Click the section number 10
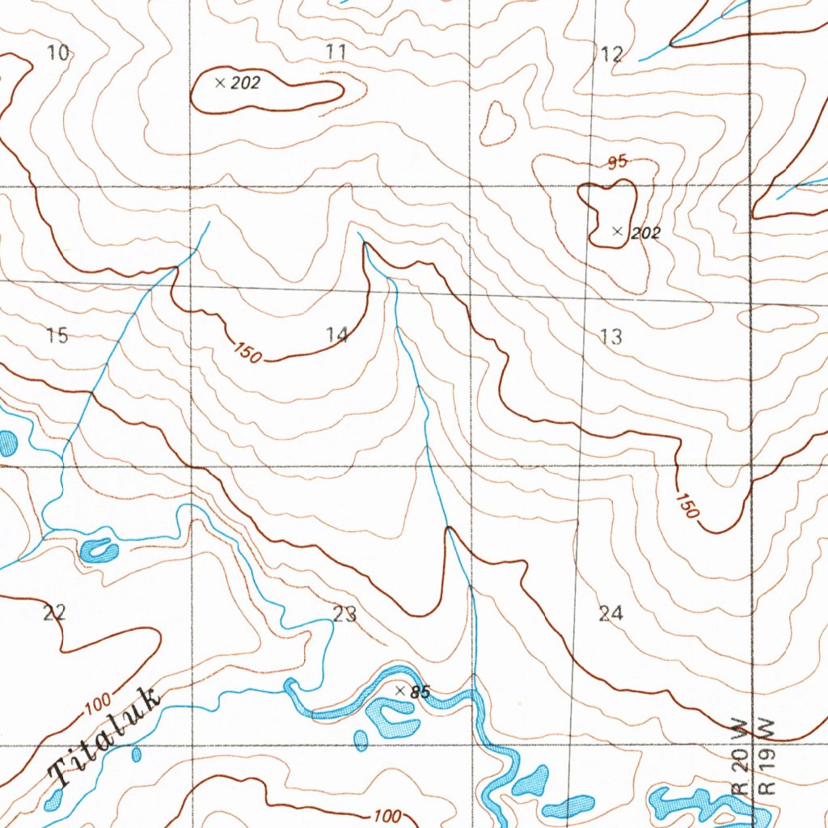[58, 54]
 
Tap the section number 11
[336, 53]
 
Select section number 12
[612, 54]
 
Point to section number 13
[612, 336]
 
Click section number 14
[337, 335]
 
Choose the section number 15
[57, 336]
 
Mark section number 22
[53, 613]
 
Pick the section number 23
[344, 615]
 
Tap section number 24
[611, 614]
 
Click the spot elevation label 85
[420, 692]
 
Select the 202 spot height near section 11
[245, 82]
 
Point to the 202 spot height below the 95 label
[645, 234]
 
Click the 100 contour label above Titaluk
[98, 704]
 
